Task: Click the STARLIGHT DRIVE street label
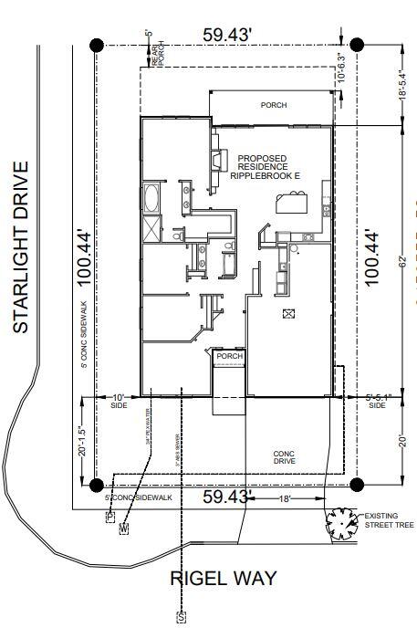point(22,246)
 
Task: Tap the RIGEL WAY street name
point(224,578)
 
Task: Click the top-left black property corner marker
point(98,45)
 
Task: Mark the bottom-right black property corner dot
point(357,484)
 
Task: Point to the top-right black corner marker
point(357,45)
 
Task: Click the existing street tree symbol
point(343,522)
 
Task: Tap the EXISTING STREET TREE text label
point(388,520)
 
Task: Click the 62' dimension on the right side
point(402,261)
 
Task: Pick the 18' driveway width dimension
point(285,499)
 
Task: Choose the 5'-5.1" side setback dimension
point(376,397)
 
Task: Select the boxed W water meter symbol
point(124,528)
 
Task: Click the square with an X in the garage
point(290,314)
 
